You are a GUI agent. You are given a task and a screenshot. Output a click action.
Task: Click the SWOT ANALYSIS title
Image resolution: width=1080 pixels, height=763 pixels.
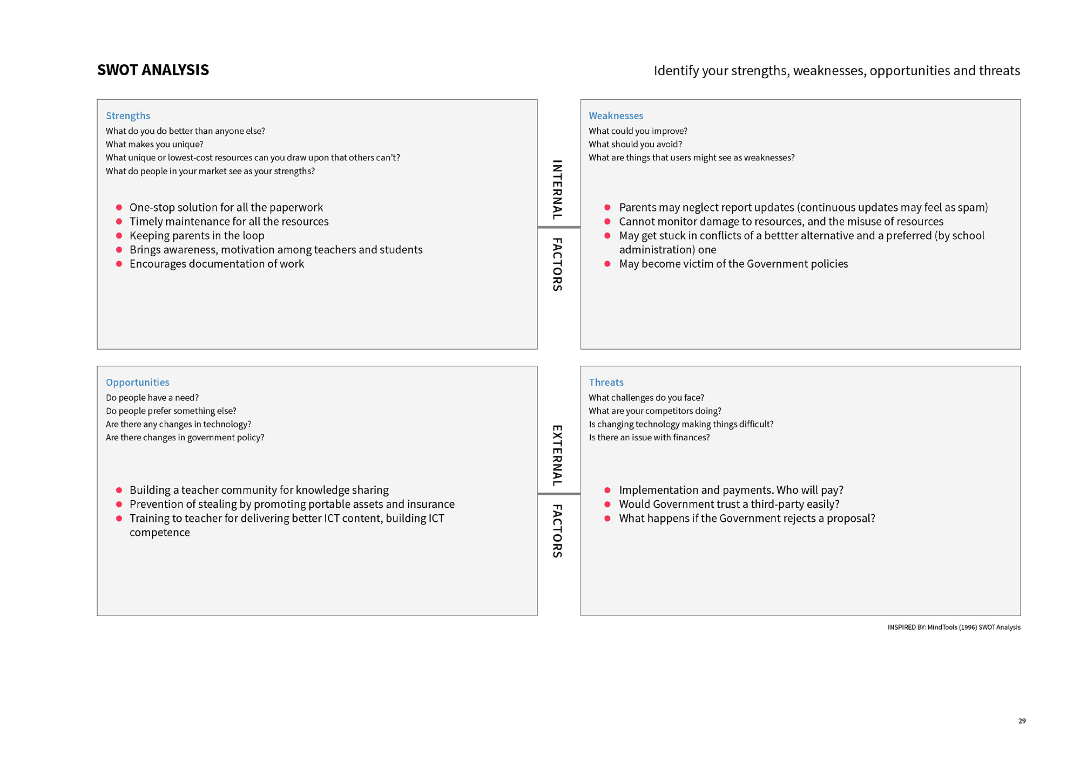click(x=153, y=70)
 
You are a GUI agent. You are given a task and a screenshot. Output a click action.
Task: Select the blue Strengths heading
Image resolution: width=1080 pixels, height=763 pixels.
click(x=128, y=115)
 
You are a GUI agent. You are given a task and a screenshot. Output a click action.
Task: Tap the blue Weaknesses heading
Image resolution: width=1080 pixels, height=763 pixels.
click(x=616, y=115)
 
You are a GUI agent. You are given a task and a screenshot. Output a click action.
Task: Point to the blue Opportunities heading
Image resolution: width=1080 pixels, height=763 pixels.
click(x=137, y=382)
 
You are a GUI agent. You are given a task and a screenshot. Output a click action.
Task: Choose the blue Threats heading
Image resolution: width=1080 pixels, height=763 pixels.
click(x=606, y=382)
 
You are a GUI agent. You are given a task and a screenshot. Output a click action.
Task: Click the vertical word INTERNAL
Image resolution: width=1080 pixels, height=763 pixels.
click(x=557, y=189)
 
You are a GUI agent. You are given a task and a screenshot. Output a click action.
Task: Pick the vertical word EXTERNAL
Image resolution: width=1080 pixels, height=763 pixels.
click(x=557, y=455)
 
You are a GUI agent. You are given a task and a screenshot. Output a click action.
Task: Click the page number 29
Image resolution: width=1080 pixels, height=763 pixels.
click(x=1022, y=721)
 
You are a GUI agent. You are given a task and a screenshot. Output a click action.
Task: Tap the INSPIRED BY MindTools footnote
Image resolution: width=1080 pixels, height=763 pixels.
click(x=954, y=627)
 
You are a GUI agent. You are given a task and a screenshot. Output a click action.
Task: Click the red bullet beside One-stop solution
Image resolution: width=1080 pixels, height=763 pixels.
click(x=119, y=207)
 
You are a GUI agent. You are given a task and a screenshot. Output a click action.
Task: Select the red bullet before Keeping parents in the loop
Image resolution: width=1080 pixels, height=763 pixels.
click(x=119, y=235)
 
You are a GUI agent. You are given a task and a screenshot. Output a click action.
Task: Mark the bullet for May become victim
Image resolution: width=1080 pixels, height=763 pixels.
click(x=607, y=264)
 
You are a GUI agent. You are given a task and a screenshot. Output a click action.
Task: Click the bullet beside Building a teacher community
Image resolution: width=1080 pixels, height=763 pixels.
click(x=119, y=490)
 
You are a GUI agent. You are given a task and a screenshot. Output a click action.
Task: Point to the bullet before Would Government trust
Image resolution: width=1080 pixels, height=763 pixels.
click(x=607, y=504)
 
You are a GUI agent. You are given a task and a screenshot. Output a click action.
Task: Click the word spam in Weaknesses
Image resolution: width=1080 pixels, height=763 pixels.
click(x=971, y=208)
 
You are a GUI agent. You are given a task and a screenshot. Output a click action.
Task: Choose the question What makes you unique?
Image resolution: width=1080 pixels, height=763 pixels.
click(x=154, y=144)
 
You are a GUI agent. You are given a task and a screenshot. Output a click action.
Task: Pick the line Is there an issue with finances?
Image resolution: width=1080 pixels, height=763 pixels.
click(x=649, y=437)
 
